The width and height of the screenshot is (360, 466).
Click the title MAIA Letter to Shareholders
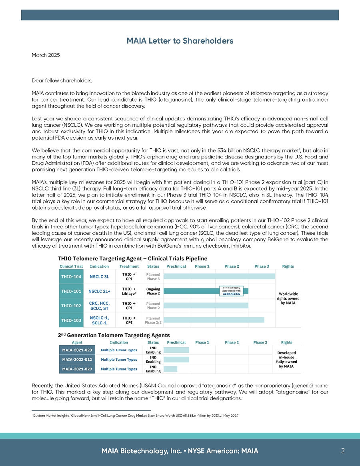pyautogui.click(x=180, y=41)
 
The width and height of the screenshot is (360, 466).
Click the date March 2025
pyautogui.click(x=46, y=55)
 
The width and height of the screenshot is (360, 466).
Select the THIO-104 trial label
pyautogui.click(x=71, y=276)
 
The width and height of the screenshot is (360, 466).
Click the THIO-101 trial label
pyautogui.click(x=71, y=291)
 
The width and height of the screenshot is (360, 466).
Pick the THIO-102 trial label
pyautogui.click(x=71, y=306)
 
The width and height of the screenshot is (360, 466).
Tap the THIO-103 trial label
pyautogui.click(x=71, y=320)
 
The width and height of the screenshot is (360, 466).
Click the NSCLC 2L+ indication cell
pyautogui.click(x=99, y=291)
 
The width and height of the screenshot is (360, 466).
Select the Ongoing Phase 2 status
pyautogui.click(x=153, y=291)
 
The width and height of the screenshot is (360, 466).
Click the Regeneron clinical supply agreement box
pyautogui.click(x=231, y=291)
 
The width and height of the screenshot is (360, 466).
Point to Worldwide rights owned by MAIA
pyautogui.click(x=288, y=298)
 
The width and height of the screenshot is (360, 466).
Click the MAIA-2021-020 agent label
pyautogui.click(x=77, y=350)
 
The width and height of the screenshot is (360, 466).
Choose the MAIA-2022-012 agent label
pyautogui.click(x=77, y=359)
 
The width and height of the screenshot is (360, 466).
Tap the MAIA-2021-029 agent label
pyautogui.click(x=77, y=369)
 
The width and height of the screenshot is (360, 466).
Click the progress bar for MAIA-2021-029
pyautogui.click(x=170, y=369)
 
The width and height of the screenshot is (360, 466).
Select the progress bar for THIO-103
pyautogui.click(x=214, y=320)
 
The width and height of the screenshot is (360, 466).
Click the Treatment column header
pyautogui.click(x=129, y=266)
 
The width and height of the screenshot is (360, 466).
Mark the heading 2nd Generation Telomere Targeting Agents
pyautogui.click(x=114, y=335)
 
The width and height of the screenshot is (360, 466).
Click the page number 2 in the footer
pyautogui.click(x=343, y=451)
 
